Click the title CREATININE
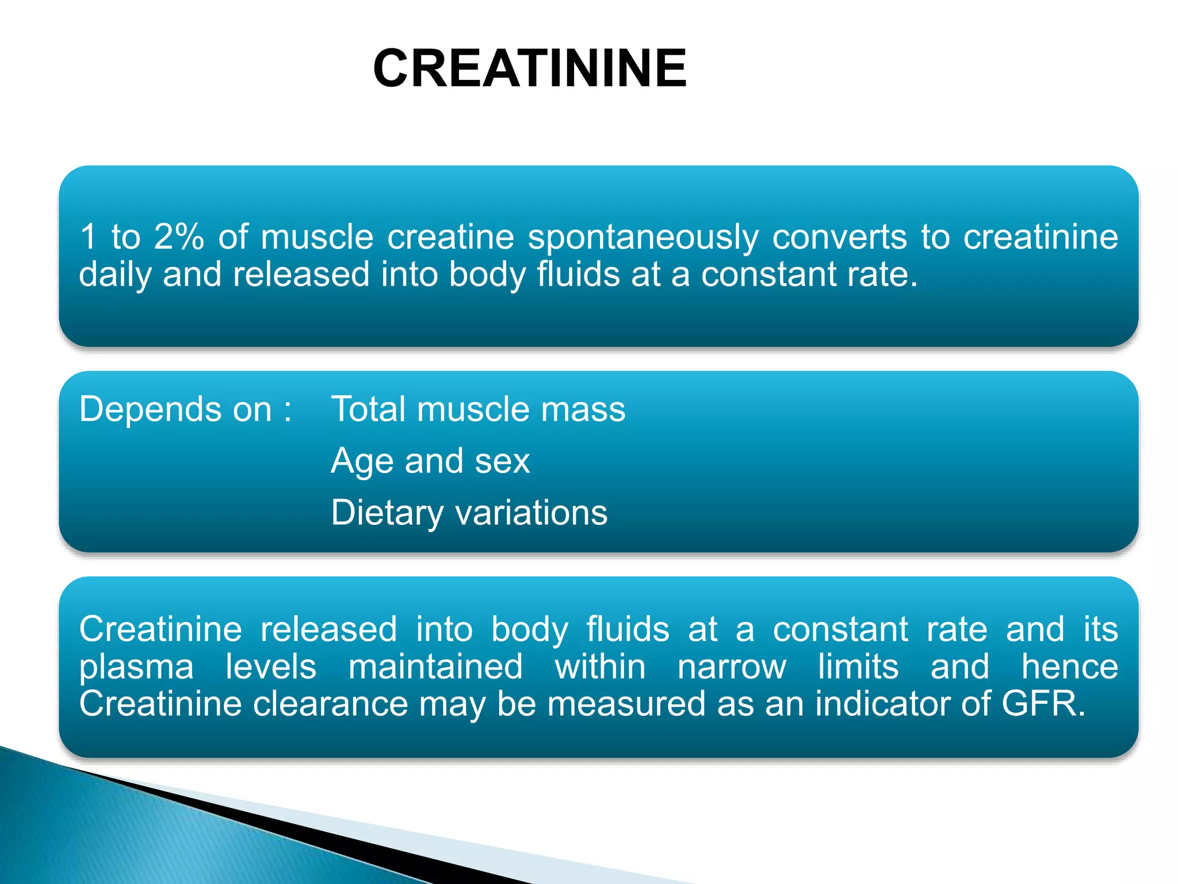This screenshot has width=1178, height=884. [529, 68]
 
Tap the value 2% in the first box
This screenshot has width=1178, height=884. [178, 237]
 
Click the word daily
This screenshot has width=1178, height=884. [114, 275]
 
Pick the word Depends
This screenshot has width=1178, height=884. [147, 410]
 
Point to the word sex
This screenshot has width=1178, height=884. [506, 462]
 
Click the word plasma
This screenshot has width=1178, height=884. [136, 668]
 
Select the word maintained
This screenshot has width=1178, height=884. [435, 666]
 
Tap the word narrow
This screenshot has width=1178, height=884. [732, 666]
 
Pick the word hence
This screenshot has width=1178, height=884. [1069, 666]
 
